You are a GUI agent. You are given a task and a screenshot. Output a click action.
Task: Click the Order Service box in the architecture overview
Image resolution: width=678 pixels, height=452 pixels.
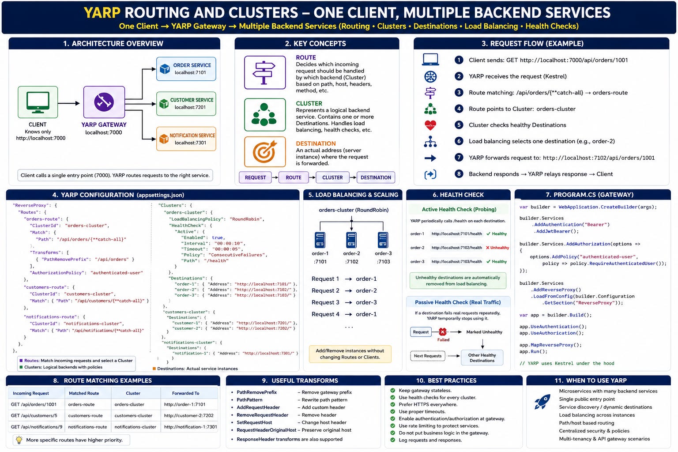(186, 69)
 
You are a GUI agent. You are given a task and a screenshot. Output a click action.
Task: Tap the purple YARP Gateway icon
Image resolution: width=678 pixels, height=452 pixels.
(104, 102)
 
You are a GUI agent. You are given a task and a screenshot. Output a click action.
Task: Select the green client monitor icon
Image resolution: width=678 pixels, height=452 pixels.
(38, 102)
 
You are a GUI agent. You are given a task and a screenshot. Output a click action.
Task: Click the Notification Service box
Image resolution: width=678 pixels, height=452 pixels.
(186, 139)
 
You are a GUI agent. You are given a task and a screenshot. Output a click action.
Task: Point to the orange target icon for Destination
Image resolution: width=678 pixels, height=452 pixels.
(265, 152)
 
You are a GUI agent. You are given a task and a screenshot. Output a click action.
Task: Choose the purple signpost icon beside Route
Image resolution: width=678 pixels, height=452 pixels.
(265, 72)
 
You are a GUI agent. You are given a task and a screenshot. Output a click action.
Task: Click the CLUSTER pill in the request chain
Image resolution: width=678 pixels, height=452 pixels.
(332, 177)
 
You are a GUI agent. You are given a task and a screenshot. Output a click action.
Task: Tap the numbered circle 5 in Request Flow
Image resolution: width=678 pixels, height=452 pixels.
(459, 125)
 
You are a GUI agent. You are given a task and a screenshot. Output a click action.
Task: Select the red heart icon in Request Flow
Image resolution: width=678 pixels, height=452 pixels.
(430, 125)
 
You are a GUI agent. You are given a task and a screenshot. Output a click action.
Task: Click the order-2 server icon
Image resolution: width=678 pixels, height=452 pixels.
(351, 240)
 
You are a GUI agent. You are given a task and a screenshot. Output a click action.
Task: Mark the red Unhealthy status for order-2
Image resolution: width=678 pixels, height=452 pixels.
(497, 248)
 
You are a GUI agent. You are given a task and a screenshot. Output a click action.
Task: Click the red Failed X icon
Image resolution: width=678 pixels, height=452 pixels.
(443, 332)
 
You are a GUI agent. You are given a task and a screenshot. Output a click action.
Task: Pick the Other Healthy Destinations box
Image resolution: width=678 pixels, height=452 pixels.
(482, 358)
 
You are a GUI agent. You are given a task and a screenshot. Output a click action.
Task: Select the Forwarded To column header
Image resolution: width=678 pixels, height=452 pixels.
(185, 393)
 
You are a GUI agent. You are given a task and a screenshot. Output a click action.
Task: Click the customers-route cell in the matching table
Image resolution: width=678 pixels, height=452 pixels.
(85, 416)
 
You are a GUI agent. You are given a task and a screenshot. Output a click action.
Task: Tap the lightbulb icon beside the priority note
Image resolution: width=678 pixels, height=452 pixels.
(19, 440)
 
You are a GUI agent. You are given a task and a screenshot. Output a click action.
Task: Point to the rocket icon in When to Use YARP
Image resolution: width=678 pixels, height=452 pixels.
(542, 402)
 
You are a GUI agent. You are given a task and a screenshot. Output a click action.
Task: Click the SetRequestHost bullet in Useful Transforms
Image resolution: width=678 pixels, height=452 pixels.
(254, 422)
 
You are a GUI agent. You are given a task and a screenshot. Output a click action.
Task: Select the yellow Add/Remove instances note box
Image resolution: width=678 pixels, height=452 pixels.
(350, 354)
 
